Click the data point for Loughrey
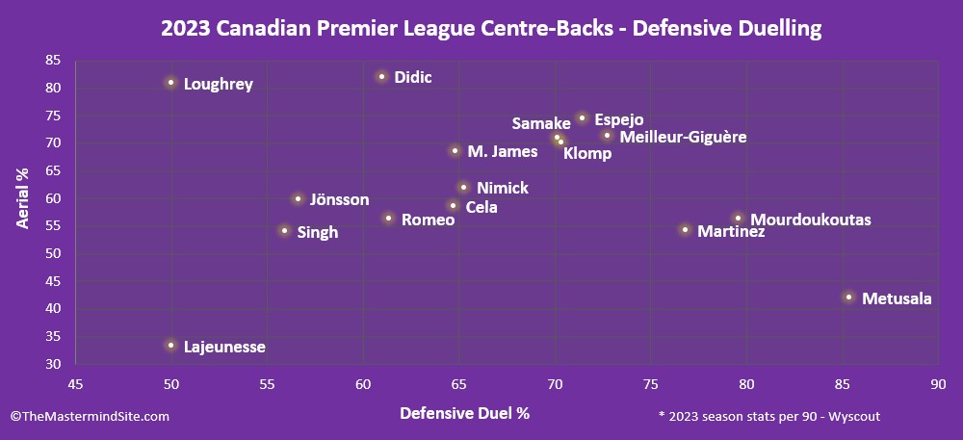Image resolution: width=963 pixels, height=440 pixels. pyautogui.click(x=170, y=83)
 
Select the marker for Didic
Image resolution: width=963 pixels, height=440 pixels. pyautogui.click(x=382, y=76)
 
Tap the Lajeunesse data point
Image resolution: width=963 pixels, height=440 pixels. pyautogui.click(x=170, y=345)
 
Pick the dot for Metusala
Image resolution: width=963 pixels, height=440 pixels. pyautogui.click(x=848, y=297)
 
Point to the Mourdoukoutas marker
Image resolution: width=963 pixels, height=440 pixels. pyautogui.click(x=738, y=219)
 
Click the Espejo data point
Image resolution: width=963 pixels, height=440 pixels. pyautogui.click(x=582, y=117)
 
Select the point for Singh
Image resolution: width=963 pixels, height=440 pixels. pyautogui.click(x=284, y=230)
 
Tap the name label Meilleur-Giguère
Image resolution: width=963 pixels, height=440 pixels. pyautogui.click(x=683, y=137)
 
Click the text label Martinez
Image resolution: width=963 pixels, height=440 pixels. pyautogui.click(x=731, y=231)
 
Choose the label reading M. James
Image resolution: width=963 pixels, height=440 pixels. pyautogui.click(x=503, y=151)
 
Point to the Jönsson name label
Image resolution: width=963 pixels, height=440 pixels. pyautogui.click(x=339, y=199)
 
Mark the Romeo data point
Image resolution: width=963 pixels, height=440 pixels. pyautogui.click(x=388, y=219)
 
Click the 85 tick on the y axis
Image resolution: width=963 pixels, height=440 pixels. pyautogui.click(x=53, y=60)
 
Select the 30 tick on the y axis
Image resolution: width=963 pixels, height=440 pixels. pyautogui.click(x=53, y=364)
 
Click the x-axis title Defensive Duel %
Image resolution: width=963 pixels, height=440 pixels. pyautogui.click(x=465, y=413)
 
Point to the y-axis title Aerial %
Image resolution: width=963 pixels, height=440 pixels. pyautogui.click(x=23, y=196)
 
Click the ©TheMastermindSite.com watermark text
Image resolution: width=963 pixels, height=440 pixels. pyautogui.click(x=90, y=416)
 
